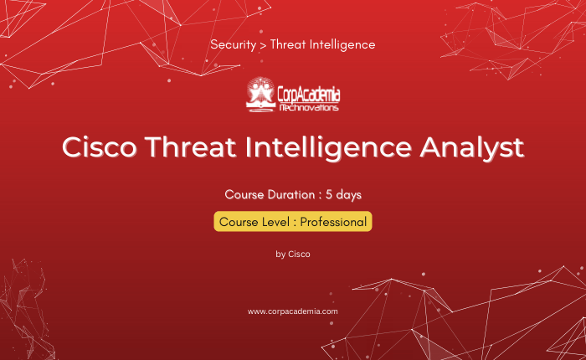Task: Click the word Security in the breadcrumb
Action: pos(234,45)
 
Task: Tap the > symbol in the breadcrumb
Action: pos(263,45)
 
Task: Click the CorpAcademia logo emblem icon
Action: pos(260,95)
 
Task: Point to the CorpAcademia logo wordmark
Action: pos(309,95)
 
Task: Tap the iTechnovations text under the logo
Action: pos(309,108)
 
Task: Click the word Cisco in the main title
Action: pos(100,147)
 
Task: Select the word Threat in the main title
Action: pos(190,147)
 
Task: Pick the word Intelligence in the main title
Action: pos(328,148)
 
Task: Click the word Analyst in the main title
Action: pos(472,148)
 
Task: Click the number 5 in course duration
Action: pos(329,194)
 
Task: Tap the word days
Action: pos(349,195)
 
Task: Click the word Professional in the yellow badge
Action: pos(333,222)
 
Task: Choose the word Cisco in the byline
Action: pos(299,255)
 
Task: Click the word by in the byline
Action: pos(280,255)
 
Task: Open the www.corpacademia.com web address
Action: pos(293,311)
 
